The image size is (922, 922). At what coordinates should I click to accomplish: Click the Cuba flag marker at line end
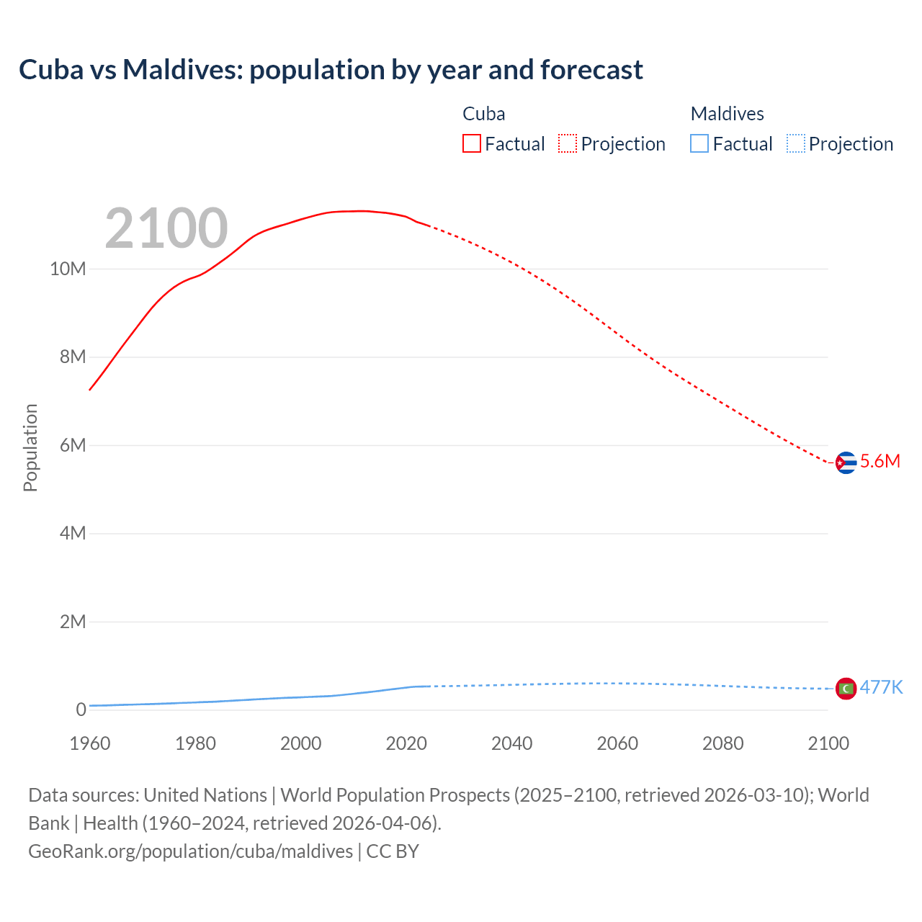(x=846, y=462)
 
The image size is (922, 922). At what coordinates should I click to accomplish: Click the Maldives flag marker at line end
(x=846, y=689)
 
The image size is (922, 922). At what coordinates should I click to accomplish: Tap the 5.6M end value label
(x=880, y=462)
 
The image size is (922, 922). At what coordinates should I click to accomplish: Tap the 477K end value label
(x=881, y=687)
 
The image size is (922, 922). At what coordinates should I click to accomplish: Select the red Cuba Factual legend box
(x=471, y=144)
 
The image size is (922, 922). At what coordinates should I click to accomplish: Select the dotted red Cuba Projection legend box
(x=568, y=144)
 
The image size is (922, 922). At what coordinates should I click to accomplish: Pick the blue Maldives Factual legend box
(x=699, y=144)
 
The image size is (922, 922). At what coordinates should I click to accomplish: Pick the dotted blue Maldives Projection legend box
(x=796, y=144)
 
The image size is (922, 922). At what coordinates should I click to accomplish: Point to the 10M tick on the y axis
(x=68, y=269)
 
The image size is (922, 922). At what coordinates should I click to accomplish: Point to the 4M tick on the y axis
(x=73, y=534)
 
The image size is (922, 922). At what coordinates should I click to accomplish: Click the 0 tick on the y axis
(x=81, y=710)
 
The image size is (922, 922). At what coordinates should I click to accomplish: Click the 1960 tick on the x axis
(x=90, y=743)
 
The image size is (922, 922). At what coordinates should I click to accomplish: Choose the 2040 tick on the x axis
(x=511, y=743)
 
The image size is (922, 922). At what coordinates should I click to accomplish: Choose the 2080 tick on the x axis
(x=722, y=743)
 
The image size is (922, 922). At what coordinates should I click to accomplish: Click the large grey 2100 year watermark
(x=166, y=228)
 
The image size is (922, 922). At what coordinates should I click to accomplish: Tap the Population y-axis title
(x=30, y=447)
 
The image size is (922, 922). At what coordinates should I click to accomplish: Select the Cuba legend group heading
(x=483, y=114)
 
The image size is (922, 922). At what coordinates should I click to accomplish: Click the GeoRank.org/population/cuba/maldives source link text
(x=191, y=851)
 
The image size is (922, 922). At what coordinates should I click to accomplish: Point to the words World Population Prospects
(x=395, y=795)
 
